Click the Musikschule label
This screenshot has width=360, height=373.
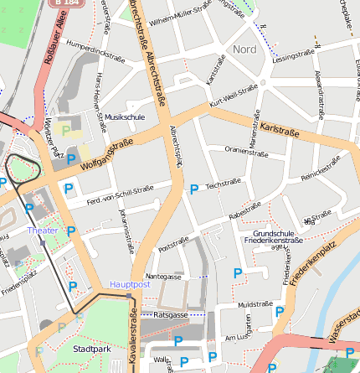click(x=125, y=117)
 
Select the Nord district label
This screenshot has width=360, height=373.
click(x=245, y=49)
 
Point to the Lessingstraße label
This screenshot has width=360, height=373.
click(x=293, y=56)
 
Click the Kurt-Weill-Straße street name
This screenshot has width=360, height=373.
click(x=234, y=95)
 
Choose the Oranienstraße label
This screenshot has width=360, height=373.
click(x=246, y=151)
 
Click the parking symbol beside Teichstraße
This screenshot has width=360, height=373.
click(x=194, y=189)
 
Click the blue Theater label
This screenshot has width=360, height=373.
click(x=43, y=230)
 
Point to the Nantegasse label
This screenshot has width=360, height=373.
click(x=163, y=276)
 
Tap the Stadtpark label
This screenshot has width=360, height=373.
click(x=90, y=348)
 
